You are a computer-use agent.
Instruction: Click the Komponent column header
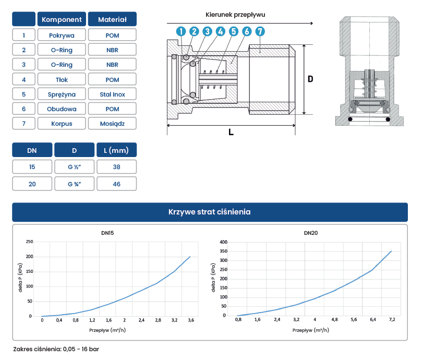click(x=62, y=19)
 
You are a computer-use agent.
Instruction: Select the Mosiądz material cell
click(x=112, y=123)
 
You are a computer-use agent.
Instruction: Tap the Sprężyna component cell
click(x=62, y=94)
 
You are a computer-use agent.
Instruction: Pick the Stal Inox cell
click(x=112, y=94)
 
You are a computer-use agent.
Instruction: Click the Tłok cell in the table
click(x=62, y=80)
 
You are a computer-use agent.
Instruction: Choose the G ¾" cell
click(x=75, y=184)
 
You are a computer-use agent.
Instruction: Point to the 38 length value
click(x=116, y=167)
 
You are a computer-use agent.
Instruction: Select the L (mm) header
click(x=116, y=150)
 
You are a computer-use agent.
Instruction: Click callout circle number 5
click(x=234, y=31)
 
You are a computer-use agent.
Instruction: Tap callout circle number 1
click(x=181, y=31)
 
